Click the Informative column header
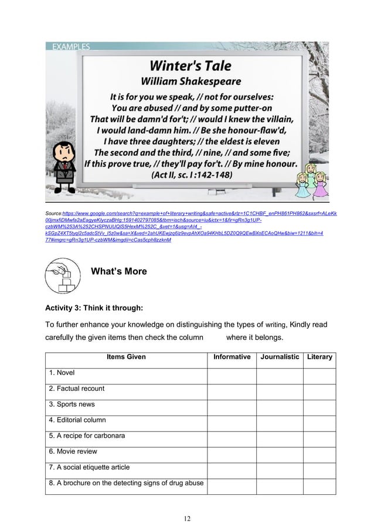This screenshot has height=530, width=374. pyautogui.click(x=232, y=357)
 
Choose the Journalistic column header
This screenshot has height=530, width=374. pyautogui.click(x=279, y=357)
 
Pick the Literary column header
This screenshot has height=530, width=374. pyautogui.click(x=319, y=357)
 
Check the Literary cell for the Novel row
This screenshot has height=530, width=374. pyautogui.click(x=319, y=372)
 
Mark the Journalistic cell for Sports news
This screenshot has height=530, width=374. pyautogui.click(x=279, y=404)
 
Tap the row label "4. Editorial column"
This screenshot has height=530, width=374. pyautogui.click(x=77, y=420)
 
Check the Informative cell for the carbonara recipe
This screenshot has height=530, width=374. pyautogui.click(x=232, y=436)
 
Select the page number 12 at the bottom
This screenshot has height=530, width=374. pyautogui.click(x=186, y=518)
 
